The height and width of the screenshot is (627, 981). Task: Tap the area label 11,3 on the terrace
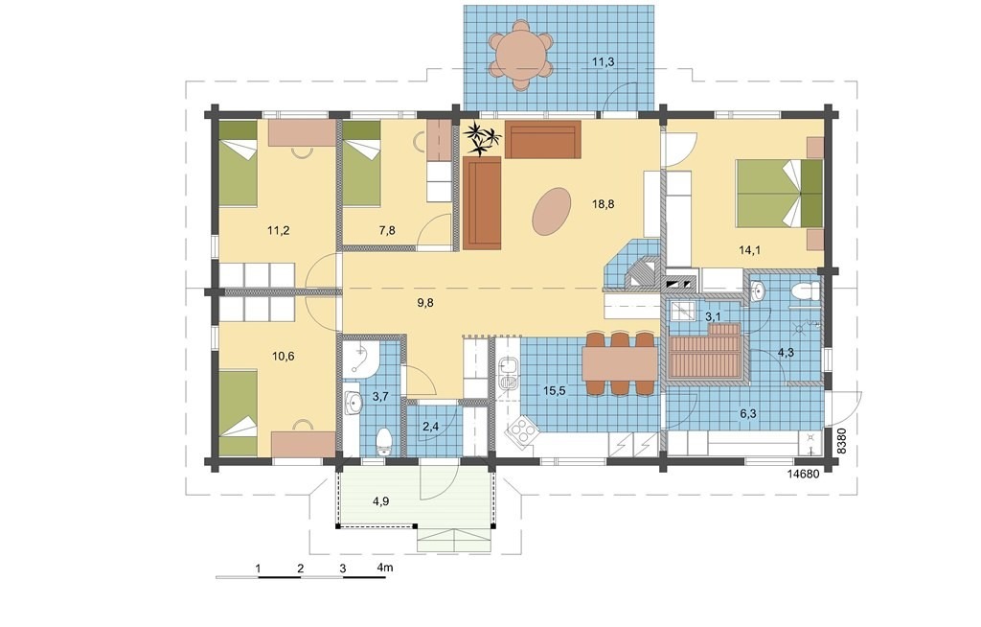point(603,61)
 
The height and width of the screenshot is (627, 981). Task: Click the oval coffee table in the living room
point(551,211)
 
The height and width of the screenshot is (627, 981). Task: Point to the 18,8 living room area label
point(603,203)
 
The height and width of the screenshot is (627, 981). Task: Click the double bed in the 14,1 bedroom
point(779,193)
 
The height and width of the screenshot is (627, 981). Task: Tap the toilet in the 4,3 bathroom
point(805,290)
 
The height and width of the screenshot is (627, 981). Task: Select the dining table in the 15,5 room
point(619,363)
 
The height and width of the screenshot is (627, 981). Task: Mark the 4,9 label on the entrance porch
point(381,500)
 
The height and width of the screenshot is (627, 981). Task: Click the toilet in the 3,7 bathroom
point(383,441)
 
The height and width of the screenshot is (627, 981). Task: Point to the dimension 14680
point(803,474)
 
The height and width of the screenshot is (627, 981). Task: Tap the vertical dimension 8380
point(841,440)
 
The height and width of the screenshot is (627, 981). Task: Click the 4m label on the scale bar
point(385,568)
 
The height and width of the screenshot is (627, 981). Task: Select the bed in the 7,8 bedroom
point(361,164)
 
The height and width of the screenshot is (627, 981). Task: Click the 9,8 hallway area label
point(425,303)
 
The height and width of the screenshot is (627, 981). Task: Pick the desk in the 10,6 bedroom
point(303,442)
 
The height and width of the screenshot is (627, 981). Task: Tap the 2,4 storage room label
point(430,427)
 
